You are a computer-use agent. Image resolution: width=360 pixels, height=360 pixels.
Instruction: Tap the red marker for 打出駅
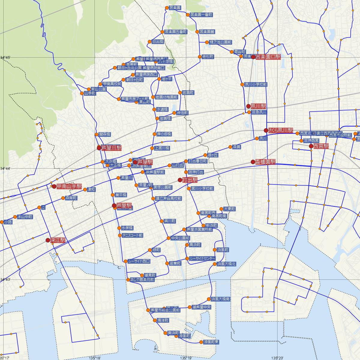tap(180, 180)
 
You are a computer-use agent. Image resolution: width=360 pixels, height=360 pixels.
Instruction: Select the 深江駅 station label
tap(58, 240)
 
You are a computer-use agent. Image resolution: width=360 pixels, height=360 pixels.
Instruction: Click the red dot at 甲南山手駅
tap(54, 187)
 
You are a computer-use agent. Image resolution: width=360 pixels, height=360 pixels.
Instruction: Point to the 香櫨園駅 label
tap(265, 162)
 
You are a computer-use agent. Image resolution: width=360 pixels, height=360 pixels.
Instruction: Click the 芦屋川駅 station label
tap(111, 148)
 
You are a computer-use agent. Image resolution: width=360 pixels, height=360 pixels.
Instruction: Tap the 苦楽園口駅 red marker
tap(253, 57)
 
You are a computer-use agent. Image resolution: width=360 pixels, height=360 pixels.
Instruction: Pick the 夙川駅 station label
tap(258, 106)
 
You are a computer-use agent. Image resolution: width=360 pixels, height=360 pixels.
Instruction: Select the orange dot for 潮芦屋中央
tap(190, 307)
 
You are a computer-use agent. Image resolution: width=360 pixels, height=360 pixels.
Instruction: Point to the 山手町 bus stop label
tap(90, 93)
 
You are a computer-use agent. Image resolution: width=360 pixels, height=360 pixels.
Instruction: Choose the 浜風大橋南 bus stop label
tap(220, 299)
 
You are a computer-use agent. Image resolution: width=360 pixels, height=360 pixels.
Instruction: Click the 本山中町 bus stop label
tap(25, 217)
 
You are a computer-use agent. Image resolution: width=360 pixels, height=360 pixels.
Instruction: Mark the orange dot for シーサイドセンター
tap(187, 258)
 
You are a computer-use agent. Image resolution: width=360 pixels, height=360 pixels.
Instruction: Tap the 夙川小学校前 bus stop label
tap(256, 85)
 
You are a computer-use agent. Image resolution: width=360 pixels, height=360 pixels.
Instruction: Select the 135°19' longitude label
tap(186, 358)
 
